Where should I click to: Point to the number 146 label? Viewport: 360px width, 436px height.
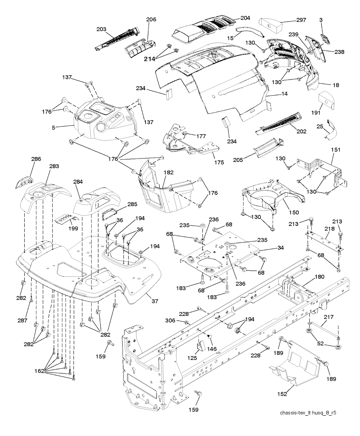212,349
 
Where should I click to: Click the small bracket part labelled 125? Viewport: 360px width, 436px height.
200,346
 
